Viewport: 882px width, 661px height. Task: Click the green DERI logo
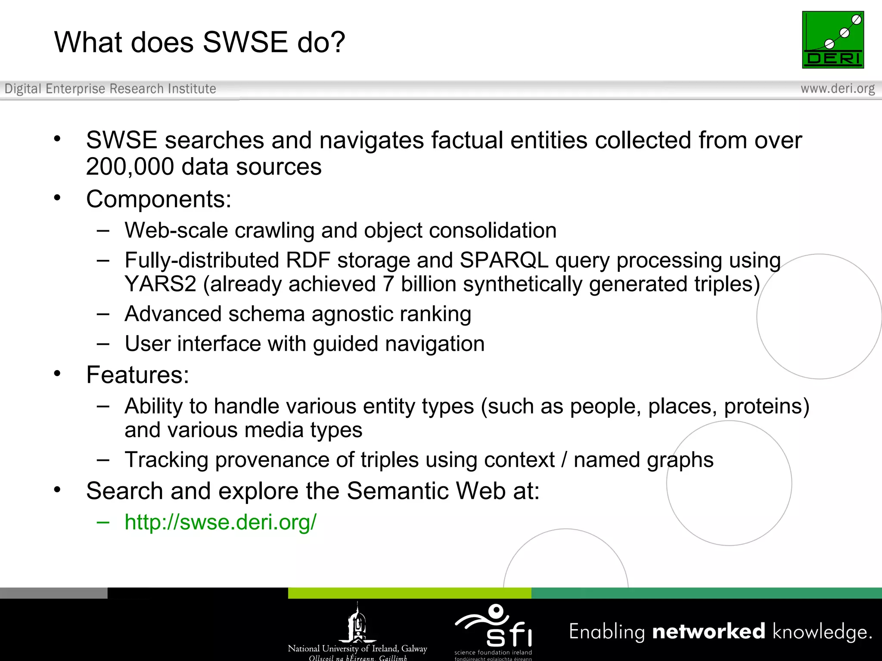832,40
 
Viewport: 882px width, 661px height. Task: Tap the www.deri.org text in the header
837,89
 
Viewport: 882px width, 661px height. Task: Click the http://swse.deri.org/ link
220,522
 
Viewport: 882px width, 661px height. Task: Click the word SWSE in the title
245,42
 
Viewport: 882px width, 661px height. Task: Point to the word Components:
158,199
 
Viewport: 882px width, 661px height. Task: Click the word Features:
137,375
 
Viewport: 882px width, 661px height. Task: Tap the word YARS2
160,284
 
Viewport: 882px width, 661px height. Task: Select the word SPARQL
504,260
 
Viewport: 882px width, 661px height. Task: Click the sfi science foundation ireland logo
494,630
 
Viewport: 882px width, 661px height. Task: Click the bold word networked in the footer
708,631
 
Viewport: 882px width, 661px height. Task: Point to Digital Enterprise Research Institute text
110,89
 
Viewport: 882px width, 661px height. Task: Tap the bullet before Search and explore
57,490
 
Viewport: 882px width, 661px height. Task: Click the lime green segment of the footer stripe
409,593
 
